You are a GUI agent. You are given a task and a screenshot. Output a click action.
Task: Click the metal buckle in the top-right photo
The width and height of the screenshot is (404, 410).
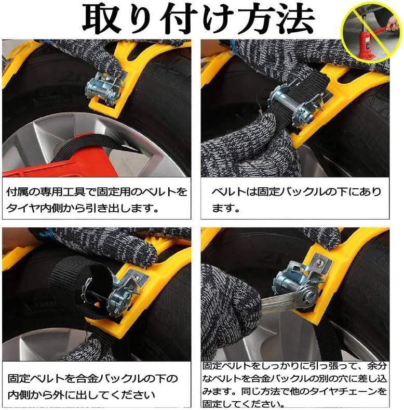tap(295, 102)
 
